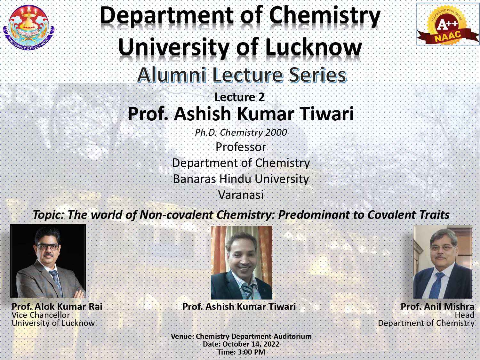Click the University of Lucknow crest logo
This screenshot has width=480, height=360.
[x=29, y=28]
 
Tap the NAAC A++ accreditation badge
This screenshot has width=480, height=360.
[x=448, y=24]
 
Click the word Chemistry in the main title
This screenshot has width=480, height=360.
[x=325, y=16]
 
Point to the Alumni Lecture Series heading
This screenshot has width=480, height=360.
[x=242, y=75]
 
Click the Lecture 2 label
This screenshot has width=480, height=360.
[x=240, y=97]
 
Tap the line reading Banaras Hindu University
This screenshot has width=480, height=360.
[x=241, y=179]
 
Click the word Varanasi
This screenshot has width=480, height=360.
[x=241, y=195]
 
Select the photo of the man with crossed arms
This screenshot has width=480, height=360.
[x=48, y=261]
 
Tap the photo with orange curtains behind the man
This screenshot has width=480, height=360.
[x=242, y=262]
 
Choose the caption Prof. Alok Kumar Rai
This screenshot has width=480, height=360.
[x=57, y=307]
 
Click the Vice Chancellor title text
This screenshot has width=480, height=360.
[x=41, y=315]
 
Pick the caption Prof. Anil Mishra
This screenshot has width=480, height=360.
[x=437, y=307]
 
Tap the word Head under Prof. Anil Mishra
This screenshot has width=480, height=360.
[x=465, y=315]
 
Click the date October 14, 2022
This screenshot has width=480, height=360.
[x=251, y=344]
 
